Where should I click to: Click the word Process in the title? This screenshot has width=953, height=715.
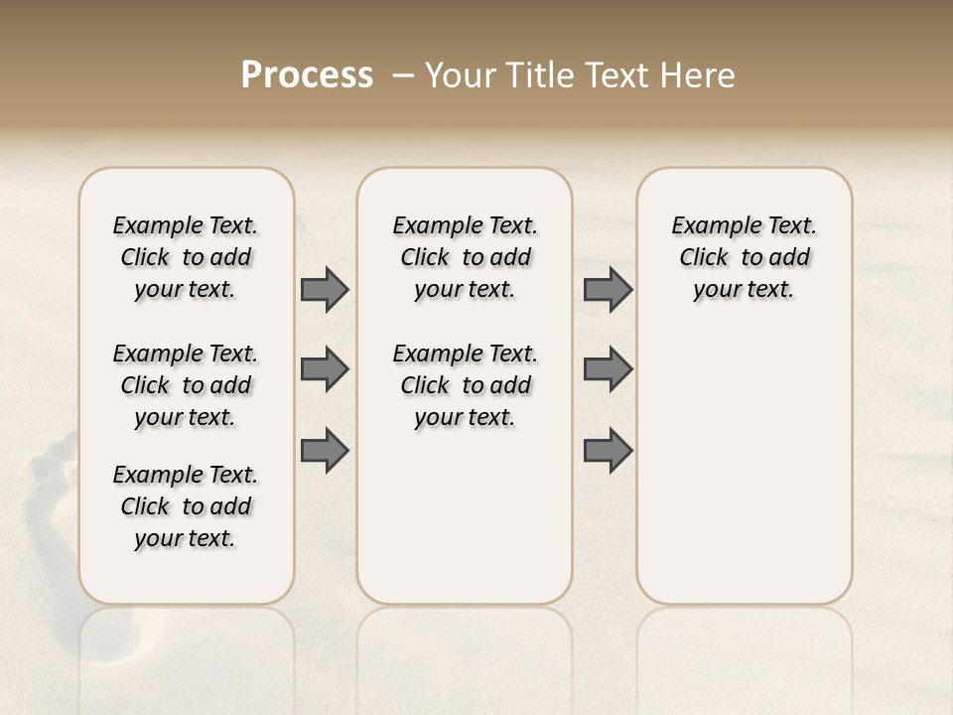click(307, 75)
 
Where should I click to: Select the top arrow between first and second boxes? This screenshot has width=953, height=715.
click(325, 289)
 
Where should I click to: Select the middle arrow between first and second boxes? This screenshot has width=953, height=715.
click(325, 369)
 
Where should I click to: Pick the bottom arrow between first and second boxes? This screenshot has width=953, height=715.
click(325, 450)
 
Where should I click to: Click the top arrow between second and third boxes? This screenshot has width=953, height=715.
click(608, 289)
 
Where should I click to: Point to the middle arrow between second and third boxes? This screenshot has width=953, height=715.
click(608, 369)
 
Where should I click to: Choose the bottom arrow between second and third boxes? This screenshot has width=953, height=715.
click(608, 450)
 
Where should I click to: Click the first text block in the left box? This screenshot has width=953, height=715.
click(186, 257)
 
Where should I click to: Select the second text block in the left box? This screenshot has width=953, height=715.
click(186, 385)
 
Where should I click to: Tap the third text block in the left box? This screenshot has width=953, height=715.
click(186, 506)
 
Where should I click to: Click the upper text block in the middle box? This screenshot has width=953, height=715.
click(466, 257)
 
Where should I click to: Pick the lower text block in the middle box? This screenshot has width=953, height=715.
click(466, 385)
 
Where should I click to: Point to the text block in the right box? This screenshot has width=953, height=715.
click(745, 257)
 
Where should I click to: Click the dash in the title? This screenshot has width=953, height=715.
click(403, 75)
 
